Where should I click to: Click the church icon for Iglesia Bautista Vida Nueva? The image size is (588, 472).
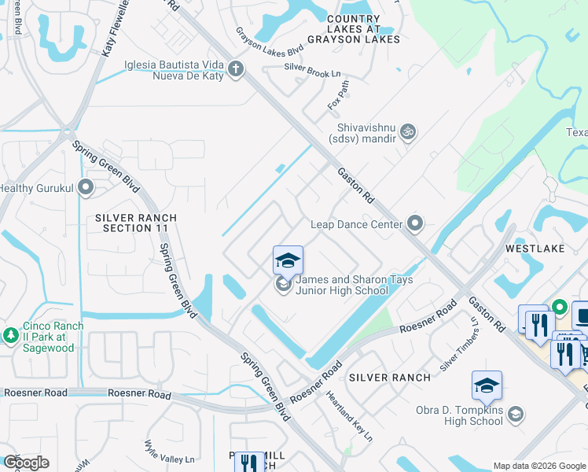pos(235,71)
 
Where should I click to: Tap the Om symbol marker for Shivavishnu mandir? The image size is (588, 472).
pos(407,131)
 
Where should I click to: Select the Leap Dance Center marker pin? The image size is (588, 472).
pos(416,224)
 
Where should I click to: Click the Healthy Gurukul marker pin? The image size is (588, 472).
pos(86,188)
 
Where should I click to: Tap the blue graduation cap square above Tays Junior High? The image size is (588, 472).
pos(288,260)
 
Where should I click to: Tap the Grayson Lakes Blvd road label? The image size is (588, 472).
pos(270,42)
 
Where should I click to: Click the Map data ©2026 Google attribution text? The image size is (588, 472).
pos(538,466)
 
